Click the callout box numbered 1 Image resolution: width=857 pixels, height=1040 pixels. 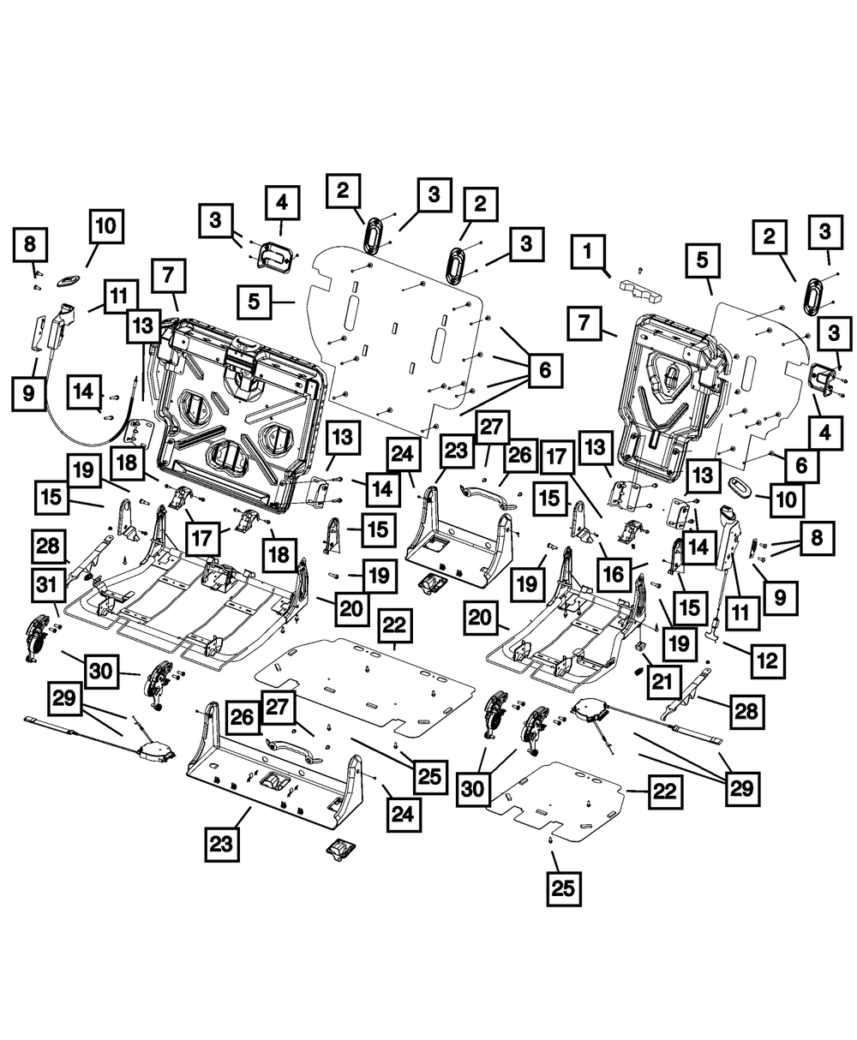pos(589,254)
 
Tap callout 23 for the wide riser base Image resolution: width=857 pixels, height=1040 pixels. pos(221,844)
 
